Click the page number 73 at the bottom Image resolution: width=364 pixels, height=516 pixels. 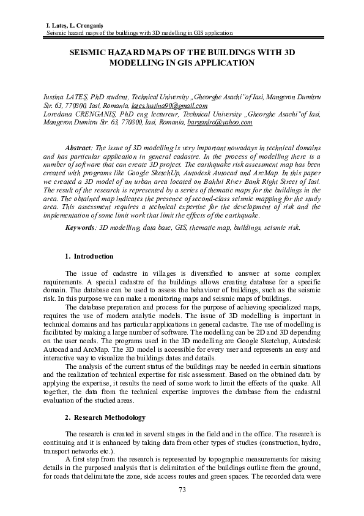tap(182, 489)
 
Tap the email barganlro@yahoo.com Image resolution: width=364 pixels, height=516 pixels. tap(220, 123)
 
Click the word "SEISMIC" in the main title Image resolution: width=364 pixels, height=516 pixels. tap(91, 53)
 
